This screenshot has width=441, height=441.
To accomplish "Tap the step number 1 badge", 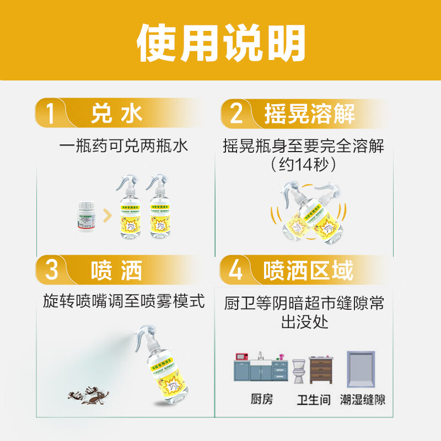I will pos(51,114).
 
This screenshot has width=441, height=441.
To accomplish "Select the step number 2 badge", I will pos(236,114).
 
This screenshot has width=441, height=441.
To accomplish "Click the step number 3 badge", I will pos(51,271).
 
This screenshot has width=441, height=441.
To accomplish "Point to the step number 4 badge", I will pos(235,271).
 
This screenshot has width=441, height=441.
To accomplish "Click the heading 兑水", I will pos(117,114).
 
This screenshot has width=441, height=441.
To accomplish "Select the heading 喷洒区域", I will pos(309,271).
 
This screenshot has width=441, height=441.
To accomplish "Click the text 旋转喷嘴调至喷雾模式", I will pos(124,302).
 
